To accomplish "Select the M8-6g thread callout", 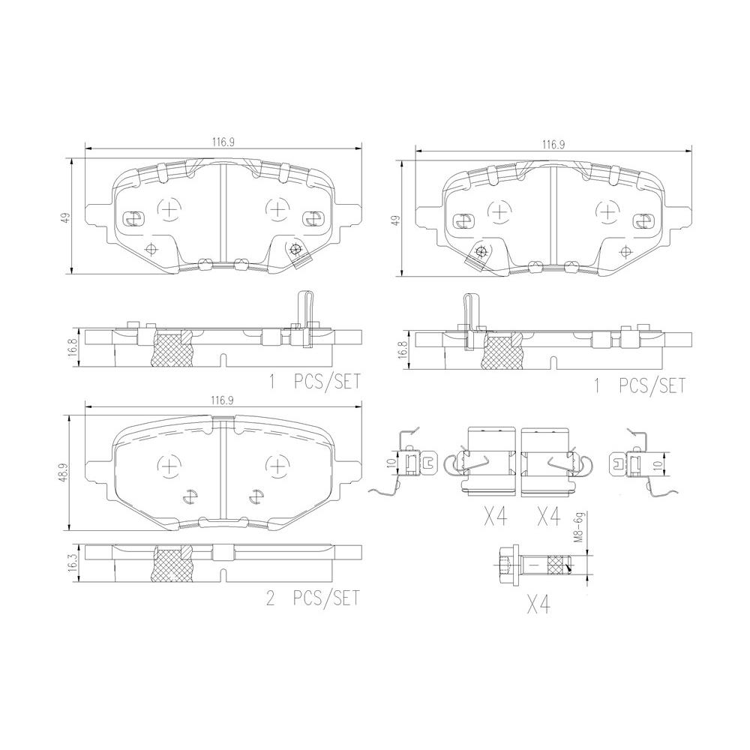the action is (x=578, y=527).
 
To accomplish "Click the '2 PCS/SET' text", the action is (x=312, y=598).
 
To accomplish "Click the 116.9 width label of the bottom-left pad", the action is (x=223, y=401).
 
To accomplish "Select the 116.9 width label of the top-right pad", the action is (x=553, y=145).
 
